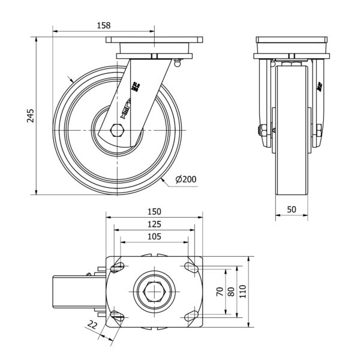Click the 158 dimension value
click(103, 26)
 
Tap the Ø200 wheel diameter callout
click(186, 178)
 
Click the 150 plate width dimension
click(155, 212)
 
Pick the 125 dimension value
click(155, 224)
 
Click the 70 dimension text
click(220, 292)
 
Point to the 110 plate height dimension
click(243, 292)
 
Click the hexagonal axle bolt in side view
click(118, 130)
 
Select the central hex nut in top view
click(154, 292)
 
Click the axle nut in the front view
click(262, 130)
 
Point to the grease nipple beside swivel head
click(177, 60)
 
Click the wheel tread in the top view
click(69, 292)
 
